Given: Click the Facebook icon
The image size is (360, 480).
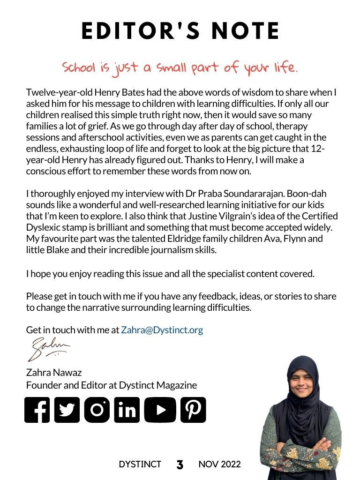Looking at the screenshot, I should pos(37,410).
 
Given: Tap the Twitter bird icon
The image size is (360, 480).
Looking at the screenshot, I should pos(67,410).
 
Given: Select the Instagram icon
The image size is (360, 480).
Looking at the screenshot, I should pos(97,410).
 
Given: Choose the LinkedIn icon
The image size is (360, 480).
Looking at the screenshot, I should pos(127,410).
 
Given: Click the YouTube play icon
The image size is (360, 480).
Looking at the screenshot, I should pos(160,410).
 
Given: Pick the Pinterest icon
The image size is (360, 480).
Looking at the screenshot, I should pos(193,410).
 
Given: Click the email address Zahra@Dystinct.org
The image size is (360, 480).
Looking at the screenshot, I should pos(162,330).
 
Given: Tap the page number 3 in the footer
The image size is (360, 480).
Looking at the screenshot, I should pos(180,465).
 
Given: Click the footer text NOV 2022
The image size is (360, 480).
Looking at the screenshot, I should pos(219,465).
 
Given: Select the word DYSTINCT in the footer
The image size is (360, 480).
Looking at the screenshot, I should pos(140,465).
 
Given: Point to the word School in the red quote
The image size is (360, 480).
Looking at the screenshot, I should pos(78,68).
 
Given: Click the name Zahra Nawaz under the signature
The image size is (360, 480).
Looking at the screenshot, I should pos(54,373).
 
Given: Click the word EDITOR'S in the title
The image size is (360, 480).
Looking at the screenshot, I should pos(135,31).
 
